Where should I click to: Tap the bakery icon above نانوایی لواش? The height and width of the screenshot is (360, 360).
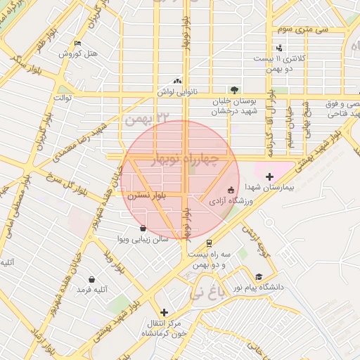coord(176,81)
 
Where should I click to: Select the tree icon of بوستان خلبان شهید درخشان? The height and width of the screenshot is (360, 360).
coord(234,89)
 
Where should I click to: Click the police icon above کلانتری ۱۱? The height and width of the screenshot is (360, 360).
coord(280,48)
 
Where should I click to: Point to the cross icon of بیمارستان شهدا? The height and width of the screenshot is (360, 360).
coord(270,176)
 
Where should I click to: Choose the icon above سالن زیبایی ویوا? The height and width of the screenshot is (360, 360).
coord(143,228)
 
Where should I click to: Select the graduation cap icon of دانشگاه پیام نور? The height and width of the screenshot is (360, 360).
coord(259,277)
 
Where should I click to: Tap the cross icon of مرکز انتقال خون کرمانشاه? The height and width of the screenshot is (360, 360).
coord(165,312)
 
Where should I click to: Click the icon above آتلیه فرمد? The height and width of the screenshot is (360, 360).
coord(91,280)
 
